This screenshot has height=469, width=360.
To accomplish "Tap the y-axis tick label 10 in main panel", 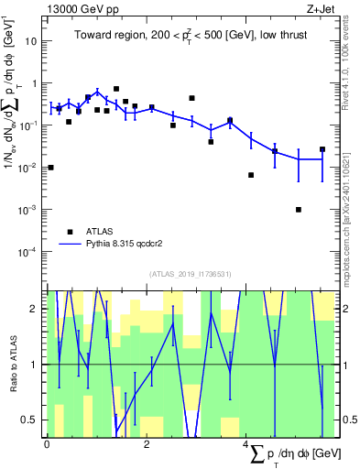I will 31,41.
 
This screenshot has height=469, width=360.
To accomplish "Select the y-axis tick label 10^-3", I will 28,210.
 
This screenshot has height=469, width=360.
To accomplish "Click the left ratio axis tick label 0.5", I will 34,420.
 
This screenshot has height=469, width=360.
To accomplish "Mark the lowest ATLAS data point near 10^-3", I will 299,210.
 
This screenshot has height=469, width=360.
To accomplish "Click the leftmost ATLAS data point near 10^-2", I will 50,168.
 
